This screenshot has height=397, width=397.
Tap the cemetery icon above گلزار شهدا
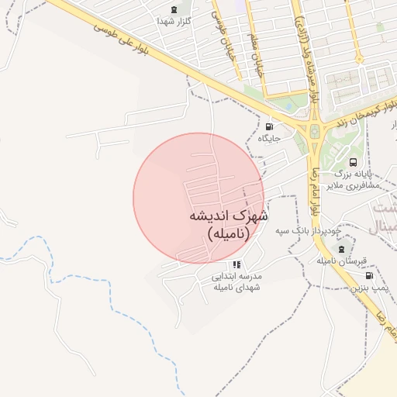coord(173,10)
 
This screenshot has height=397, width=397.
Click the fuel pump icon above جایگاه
coord(269,126)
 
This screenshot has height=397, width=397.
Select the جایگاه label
coord(268,138)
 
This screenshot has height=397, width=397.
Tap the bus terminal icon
coord(354,162)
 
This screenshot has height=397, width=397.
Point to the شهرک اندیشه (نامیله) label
coord(228,225)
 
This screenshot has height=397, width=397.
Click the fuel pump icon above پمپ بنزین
coord(368,275)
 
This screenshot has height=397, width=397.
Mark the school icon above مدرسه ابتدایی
coord(236,264)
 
